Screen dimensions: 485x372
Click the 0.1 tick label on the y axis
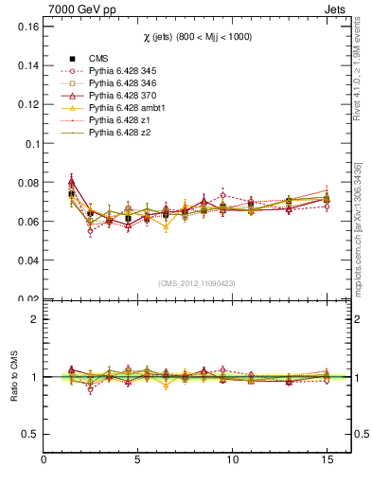[30, 144]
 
